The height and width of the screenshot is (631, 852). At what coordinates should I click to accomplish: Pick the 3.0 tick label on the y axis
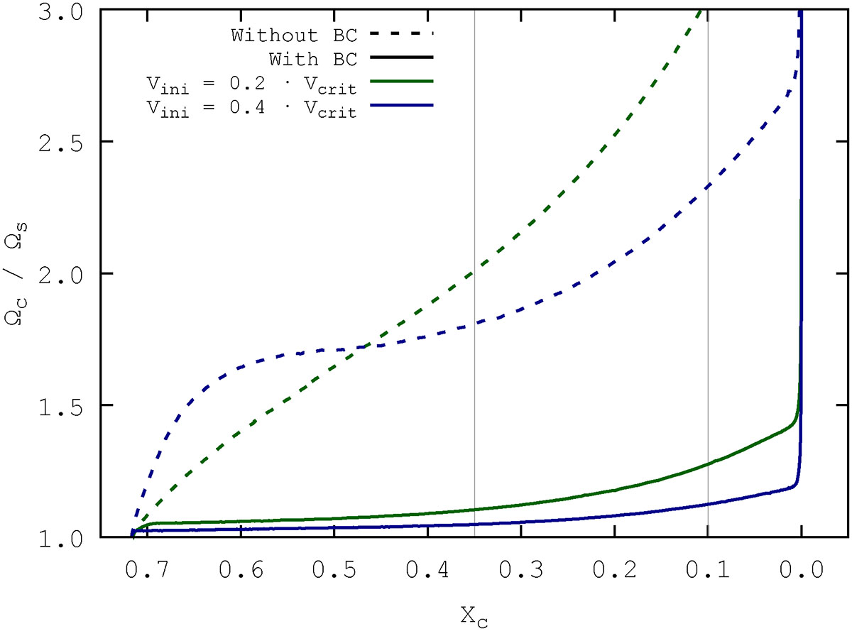65,11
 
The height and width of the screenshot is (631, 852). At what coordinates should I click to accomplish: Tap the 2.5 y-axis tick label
65,142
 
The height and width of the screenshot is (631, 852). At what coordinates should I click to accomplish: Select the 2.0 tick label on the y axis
65,274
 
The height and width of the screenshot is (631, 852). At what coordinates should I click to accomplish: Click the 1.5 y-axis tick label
65,405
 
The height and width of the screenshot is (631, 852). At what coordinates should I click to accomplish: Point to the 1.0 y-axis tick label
65,537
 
